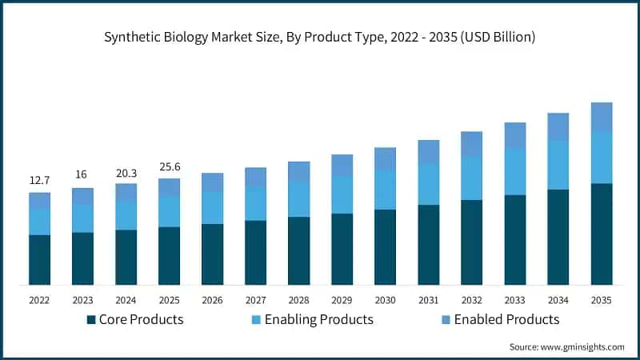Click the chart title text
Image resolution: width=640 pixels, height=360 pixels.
point(320,38)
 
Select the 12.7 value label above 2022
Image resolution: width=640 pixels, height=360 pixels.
point(39,180)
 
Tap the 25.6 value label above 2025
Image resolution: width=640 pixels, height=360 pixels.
point(169,166)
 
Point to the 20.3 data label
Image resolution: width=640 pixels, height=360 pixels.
point(126,171)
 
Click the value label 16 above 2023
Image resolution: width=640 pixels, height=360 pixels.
point(82,176)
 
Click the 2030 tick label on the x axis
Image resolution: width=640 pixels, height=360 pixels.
point(385,299)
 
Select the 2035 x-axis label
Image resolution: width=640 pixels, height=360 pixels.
point(601,299)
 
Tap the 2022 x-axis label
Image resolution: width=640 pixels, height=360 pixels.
point(39,299)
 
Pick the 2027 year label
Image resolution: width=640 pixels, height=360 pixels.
point(255,299)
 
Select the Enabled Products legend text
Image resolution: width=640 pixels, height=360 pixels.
point(506,320)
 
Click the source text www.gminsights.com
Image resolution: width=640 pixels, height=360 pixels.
point(566,346)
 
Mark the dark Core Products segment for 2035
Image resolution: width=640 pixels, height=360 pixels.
point(601,234)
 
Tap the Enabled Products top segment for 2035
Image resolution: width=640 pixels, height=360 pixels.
point(601,117)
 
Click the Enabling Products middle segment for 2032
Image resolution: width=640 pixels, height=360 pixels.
point(471,178)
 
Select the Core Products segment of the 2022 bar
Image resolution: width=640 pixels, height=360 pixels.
point(39,259)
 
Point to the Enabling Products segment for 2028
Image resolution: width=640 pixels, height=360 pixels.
point(298,199)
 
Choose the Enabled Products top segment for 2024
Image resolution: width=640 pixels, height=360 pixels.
point(126,192)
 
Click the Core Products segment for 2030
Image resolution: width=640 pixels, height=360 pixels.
point(385,246)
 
